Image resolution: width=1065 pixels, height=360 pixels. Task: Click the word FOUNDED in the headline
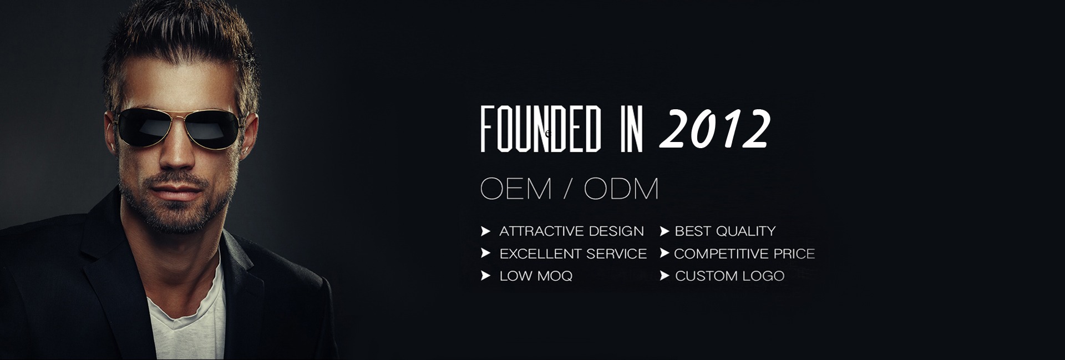[x=541, y=130]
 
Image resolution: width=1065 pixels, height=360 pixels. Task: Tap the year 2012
[x=715, y=129]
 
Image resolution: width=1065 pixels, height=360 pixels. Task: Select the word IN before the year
[x=632, y=130]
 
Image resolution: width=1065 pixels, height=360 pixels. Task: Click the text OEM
[x=516, y=189]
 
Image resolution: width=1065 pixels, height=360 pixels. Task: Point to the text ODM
[x=621, y=189]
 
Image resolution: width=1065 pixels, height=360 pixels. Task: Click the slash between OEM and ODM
[x=568, y=189]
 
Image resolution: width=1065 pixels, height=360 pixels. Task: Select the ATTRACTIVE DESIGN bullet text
[x=571, y=231]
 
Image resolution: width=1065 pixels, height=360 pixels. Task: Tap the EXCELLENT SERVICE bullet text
[x=573, y=253]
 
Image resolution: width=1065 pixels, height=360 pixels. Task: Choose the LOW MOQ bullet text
[x=536, y=276]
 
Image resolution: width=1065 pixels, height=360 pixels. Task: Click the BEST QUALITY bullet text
[x=725, y=231]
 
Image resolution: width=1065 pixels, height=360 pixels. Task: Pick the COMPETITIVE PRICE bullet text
[x=744, y=253]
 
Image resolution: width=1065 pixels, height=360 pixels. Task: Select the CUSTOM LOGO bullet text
[x=729, y=276]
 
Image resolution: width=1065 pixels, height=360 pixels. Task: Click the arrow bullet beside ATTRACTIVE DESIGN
[x=486, y=231]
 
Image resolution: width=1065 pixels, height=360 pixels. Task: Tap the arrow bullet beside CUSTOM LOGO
[x=665, y=276]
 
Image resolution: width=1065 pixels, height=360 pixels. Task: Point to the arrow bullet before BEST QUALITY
[x=665, y=231]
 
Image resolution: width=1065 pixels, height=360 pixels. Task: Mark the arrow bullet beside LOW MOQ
[x=486, y=276]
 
